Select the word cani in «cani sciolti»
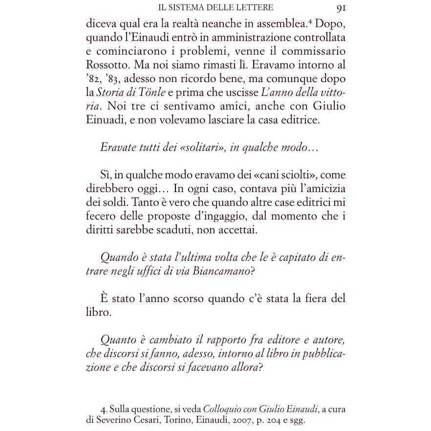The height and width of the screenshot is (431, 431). (x=241, y=175)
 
